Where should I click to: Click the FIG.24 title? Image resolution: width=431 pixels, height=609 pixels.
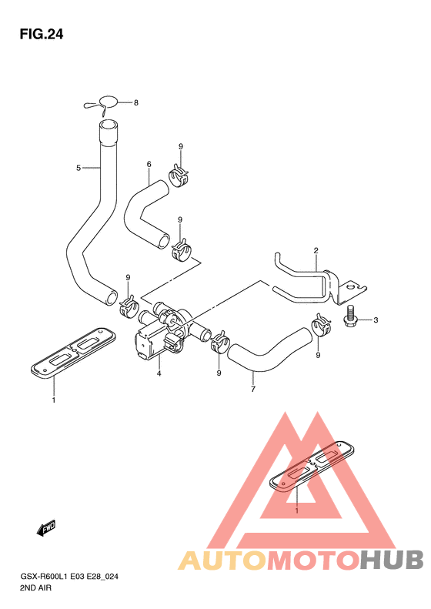[41, 35]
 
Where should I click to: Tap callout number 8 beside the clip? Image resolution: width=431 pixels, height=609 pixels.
[136, 103]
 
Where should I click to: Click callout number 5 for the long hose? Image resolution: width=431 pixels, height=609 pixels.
[79, 168]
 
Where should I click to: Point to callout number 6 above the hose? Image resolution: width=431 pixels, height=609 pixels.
[149, 164]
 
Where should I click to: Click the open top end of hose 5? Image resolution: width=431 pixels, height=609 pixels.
[108, 126]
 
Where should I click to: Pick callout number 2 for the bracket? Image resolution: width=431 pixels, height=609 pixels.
[316, 250]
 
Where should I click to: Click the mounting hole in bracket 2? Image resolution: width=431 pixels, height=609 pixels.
[351, 287]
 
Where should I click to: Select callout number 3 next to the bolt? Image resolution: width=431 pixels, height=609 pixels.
[376, 320]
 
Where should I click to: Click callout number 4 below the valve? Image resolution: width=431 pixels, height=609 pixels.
[159, 373]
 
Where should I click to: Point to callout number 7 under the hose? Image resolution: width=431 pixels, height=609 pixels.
[253, 389]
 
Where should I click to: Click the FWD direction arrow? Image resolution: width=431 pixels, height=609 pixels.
[46, 528]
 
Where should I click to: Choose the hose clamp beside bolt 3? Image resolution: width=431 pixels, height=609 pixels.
[321, 326]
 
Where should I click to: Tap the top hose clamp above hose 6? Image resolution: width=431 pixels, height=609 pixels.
[179, 176]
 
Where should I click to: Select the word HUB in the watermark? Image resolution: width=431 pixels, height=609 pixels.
[392, 560]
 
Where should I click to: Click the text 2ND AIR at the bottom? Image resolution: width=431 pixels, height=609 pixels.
[35, 587]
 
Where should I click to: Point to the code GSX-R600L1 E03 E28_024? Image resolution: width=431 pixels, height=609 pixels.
[68, 577]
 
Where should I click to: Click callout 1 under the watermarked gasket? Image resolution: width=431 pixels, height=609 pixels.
[297, 510]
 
